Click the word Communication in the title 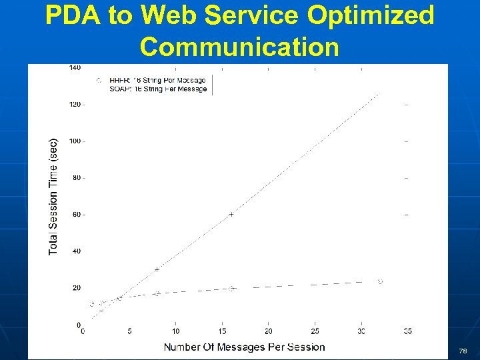240,47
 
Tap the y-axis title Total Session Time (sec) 53,196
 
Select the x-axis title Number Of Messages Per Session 245,347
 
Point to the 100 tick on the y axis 75,141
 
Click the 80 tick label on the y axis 77,178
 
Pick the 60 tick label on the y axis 77,215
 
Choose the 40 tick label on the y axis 77,251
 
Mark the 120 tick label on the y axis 75,105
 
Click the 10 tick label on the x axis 175,331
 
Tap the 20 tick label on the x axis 268,331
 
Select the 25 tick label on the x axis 315,331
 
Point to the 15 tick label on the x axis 222,331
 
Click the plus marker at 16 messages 231,214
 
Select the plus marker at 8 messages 157,269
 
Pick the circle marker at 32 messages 380,281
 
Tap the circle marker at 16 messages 231,289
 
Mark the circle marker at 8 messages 157,293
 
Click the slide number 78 463,351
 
